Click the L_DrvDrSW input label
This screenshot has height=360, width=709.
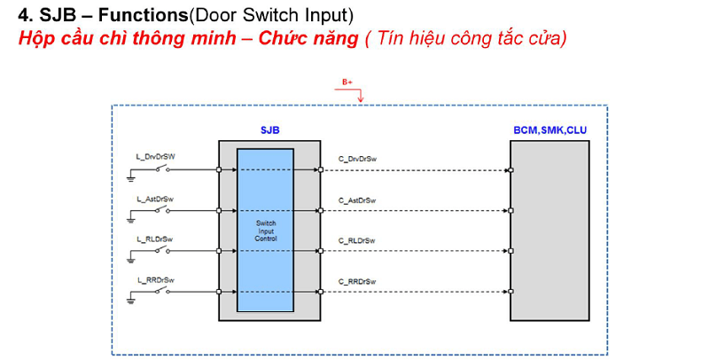point(155,157)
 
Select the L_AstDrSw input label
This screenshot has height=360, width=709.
point(155,199)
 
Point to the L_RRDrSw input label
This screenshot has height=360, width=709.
point(155,280)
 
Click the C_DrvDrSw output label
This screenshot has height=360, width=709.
point(358,158)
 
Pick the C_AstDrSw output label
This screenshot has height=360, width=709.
point(357,200)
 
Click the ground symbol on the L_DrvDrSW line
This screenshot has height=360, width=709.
point(131,178)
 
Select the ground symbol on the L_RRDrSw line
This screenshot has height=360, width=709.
point(131,301)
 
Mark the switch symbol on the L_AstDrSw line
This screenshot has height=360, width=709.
point(162,209)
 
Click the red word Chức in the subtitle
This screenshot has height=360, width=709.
point(289,39)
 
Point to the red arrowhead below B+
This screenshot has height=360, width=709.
point(360,98)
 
